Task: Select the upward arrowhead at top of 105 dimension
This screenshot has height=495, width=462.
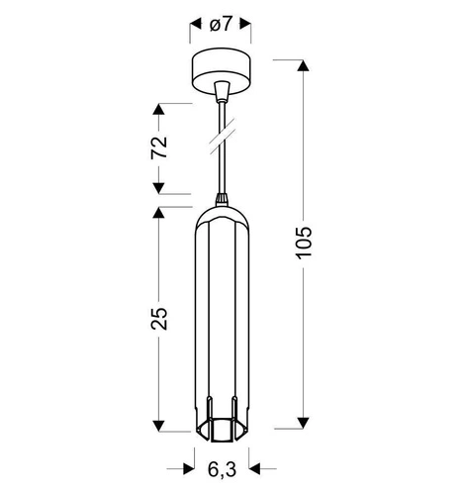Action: coord(303,66)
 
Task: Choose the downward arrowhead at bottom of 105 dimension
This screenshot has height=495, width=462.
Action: coord(303,424)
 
